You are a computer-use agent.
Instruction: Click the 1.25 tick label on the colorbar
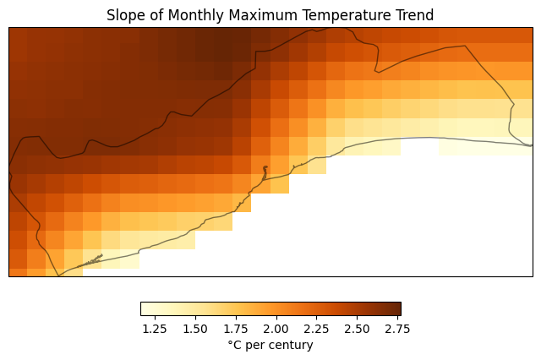155,329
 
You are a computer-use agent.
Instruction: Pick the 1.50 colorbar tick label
195,329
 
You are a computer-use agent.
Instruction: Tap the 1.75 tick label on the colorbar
236,329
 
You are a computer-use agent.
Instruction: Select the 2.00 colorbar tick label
276,329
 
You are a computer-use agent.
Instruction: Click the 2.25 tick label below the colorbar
316,329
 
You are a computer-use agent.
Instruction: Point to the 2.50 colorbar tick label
357,329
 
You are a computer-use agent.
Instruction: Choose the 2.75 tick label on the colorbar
397,329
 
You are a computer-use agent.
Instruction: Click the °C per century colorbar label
270,345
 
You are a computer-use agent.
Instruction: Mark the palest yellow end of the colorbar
143,308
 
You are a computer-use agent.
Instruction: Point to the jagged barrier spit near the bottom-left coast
90,261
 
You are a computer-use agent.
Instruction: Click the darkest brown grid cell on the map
223,52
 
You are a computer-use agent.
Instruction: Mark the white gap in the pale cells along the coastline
419,147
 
